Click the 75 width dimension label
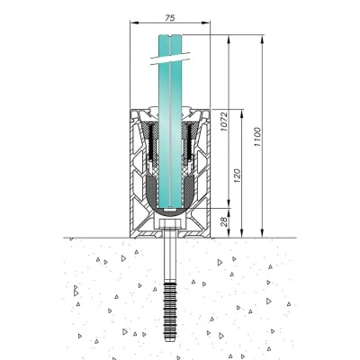click(170, 18)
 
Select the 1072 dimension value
click(224, 121)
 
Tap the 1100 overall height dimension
click(257, 137)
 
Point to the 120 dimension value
click(237, 175)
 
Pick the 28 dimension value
click(224, 221)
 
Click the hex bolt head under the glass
click(170, 224)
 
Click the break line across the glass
click(170, 58)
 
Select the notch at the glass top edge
click(170, 38)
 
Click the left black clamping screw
click(151, 142)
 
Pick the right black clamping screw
click(189, 142)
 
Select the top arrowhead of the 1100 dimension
click(263, 40)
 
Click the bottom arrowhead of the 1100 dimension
click(263, 233)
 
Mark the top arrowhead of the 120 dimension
click(241, 113)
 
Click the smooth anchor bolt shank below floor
click(170, 259)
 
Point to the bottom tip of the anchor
click(170, 341)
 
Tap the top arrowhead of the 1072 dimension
click(229, 40)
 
